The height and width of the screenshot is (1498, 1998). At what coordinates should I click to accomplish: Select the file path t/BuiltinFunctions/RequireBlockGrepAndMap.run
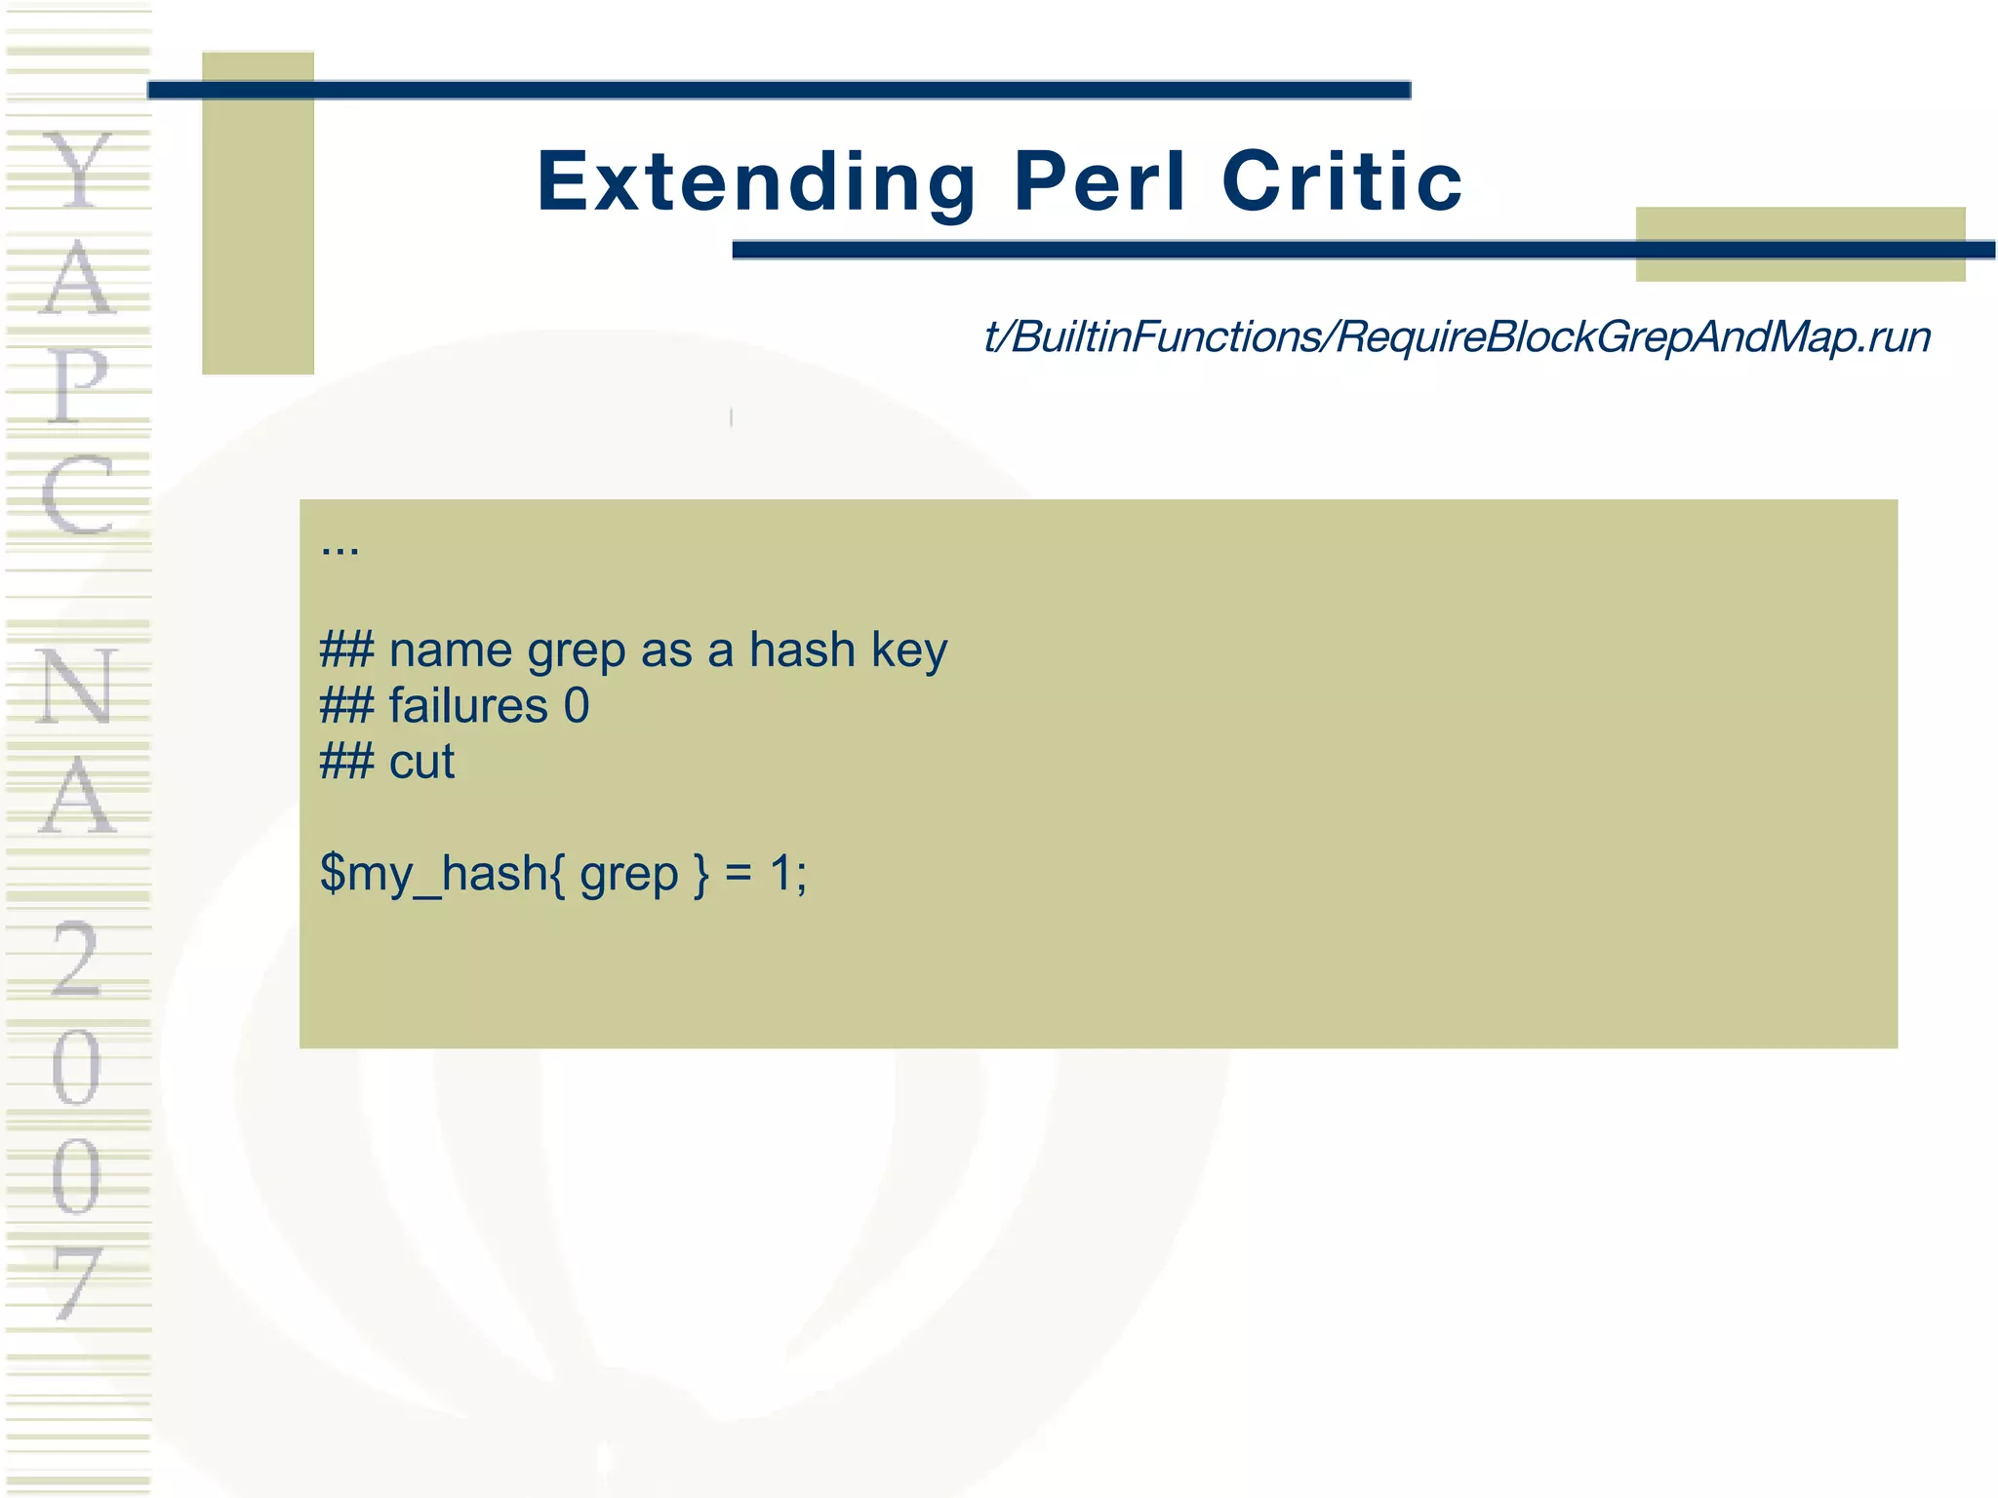pyautogui.click(x=1457, y=337)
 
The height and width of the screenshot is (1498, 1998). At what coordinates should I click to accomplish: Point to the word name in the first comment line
pyautogui.click(x=450, y=650)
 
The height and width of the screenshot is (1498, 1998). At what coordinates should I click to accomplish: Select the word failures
pyautogui.click(x=468, y=706)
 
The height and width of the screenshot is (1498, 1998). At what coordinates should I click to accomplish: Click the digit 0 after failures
pyautogui.click(x=577, y=706)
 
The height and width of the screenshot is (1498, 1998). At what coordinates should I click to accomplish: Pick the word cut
pyautogui.click(x=421, y=762)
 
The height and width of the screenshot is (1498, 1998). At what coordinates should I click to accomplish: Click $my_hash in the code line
pyautogui.click(x=433, y=874)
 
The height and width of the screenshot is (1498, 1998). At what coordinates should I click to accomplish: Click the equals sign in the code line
pyautogui.click(x=739, y=874)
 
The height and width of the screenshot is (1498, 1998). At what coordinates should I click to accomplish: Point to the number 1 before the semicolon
pyautogui.click(x=780, y=873)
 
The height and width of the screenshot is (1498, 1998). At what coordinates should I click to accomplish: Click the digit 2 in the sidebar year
pyautogui.click(x=76, y=960)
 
